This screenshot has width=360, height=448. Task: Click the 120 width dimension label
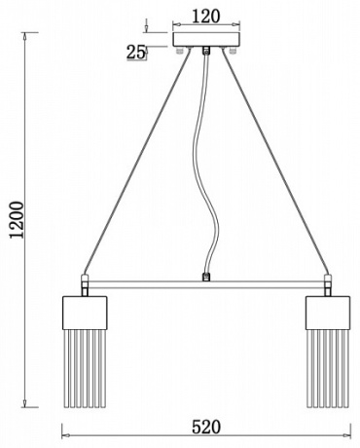click(x=206, y=17)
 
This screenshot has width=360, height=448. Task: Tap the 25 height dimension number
click(x=135, y=52)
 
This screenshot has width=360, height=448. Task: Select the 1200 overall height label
click(x=18, y=220)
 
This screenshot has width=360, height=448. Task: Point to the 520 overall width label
click(x=206, y=427)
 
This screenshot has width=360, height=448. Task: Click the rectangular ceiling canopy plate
click(x=206, y=40)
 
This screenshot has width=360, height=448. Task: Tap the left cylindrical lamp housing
click(x=85, y=313)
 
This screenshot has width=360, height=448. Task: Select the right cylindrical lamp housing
click(x=328, y=313)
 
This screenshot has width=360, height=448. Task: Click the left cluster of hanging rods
click(x=85, y=368)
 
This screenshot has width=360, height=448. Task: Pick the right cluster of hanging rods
click(x=328, y=368)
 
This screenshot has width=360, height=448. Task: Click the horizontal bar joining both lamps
click(x=206, y=285)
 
